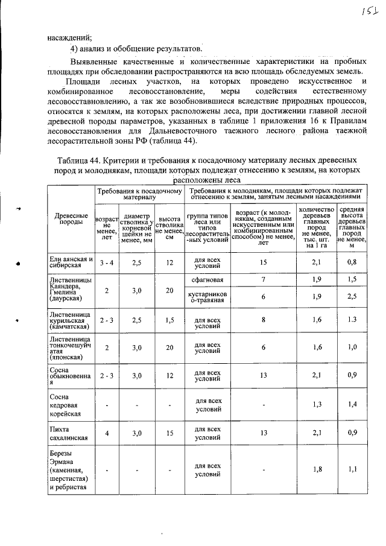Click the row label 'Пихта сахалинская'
click(69, 433)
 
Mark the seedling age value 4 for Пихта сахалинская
click(106, 433)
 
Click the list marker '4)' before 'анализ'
click(75, 48)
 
